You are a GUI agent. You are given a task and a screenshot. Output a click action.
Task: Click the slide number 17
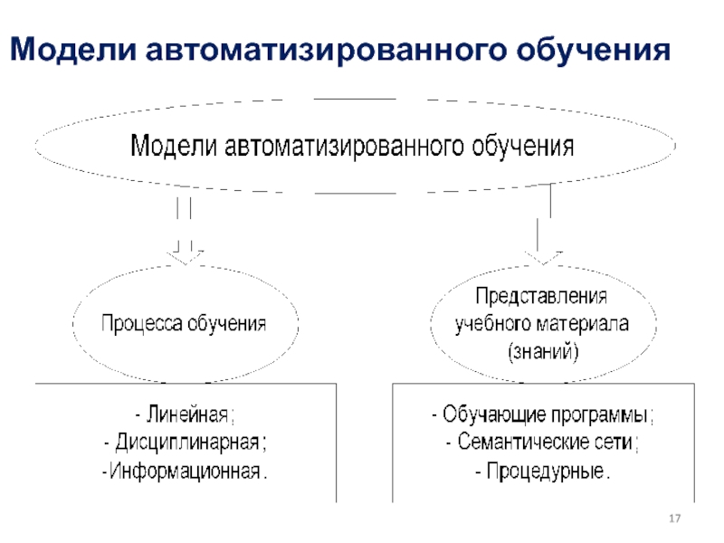(673, 518)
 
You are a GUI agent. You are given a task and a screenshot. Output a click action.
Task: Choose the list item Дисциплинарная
(185, 443)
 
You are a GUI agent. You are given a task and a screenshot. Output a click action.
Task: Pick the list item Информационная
(185, 472)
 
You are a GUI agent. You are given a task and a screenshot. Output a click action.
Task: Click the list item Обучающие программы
(543, 415)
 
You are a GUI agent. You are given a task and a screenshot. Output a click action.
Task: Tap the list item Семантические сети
(543, 443)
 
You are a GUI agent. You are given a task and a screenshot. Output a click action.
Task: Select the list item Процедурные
(543, 472)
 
